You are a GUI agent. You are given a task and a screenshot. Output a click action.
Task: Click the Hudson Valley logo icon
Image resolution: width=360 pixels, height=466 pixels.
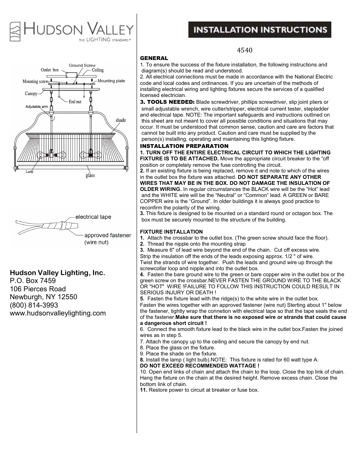(15, 31)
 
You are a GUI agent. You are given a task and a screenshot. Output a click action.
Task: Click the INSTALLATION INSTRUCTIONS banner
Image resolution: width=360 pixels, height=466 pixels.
(260, 30)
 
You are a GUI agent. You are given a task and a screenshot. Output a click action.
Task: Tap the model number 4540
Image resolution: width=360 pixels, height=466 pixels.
(245, 50)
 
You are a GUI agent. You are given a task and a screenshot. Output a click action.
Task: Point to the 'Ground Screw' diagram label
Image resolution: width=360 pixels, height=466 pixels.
(82, 65)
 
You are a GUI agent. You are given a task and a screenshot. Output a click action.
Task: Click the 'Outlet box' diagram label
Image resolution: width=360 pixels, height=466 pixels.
(50, 70)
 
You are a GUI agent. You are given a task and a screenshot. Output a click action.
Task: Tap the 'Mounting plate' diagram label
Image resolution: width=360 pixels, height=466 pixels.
(111, 81)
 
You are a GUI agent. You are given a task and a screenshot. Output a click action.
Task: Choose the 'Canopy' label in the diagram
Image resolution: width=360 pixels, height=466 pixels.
(31, 94)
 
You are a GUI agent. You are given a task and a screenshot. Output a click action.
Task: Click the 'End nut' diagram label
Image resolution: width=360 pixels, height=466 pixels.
(75, 102)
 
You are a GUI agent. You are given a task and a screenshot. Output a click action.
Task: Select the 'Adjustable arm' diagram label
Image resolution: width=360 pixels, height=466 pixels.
(37, 107)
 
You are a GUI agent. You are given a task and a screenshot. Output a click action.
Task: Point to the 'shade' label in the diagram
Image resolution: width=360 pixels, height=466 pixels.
(121, 120)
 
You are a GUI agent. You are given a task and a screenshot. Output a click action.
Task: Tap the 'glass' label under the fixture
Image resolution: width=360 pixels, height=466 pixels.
(90, 175)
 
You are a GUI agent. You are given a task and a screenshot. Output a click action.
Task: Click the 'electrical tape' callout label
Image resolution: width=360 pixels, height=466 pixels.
(93, 217)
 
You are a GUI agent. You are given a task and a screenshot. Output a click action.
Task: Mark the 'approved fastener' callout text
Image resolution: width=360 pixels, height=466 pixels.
(108, 235)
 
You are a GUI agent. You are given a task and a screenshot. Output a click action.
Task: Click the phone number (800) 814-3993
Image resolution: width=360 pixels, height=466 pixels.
(34, 305)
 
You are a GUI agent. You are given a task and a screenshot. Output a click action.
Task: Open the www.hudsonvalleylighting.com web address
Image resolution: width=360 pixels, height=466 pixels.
(58, 313)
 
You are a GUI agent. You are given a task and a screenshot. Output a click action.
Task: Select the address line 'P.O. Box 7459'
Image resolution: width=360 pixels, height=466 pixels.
(33, 281)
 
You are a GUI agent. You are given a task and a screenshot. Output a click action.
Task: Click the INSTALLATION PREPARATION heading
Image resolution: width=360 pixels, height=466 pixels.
(184, 146)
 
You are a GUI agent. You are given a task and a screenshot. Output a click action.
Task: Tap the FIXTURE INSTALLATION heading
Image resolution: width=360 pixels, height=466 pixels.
(171, 232)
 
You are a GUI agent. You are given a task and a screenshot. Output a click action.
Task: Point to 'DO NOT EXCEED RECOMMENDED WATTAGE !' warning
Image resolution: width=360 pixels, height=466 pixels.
(200, 366)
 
